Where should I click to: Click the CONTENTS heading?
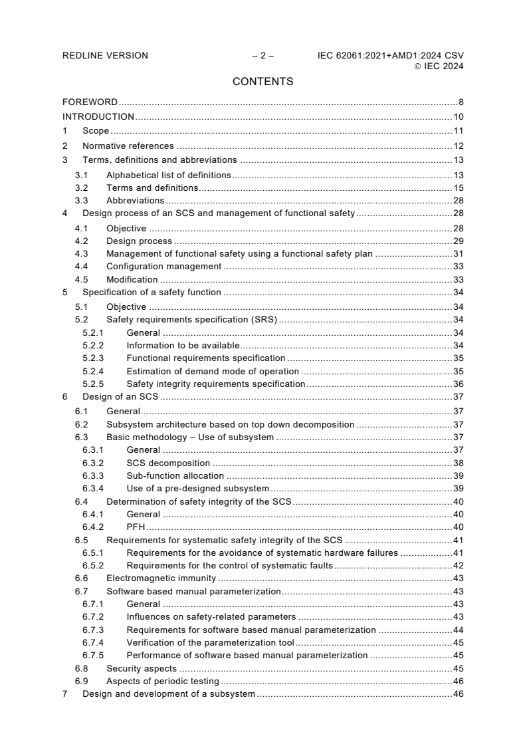pos(263,82)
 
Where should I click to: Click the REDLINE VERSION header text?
pos(105,55)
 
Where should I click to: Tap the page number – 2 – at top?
pos(263,55)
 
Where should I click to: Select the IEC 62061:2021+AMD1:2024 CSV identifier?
pos(391,55)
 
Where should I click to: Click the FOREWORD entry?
pos(90,102)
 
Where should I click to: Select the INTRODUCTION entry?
pos(98,117)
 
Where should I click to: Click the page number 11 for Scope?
pos(458,131)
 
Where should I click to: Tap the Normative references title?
pos(128,146)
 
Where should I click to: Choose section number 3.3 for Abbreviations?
pos(81,200)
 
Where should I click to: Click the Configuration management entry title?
pos(163,266)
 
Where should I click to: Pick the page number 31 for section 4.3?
pos(458,253)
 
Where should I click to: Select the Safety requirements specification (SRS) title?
pos(191,320)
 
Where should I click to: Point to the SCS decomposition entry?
pos(168,463)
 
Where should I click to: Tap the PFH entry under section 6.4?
pos(136,527)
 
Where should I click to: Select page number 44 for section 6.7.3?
pos(458,630)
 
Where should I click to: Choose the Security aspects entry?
pos(142,668)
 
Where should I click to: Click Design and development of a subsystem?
pos(168,694)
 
